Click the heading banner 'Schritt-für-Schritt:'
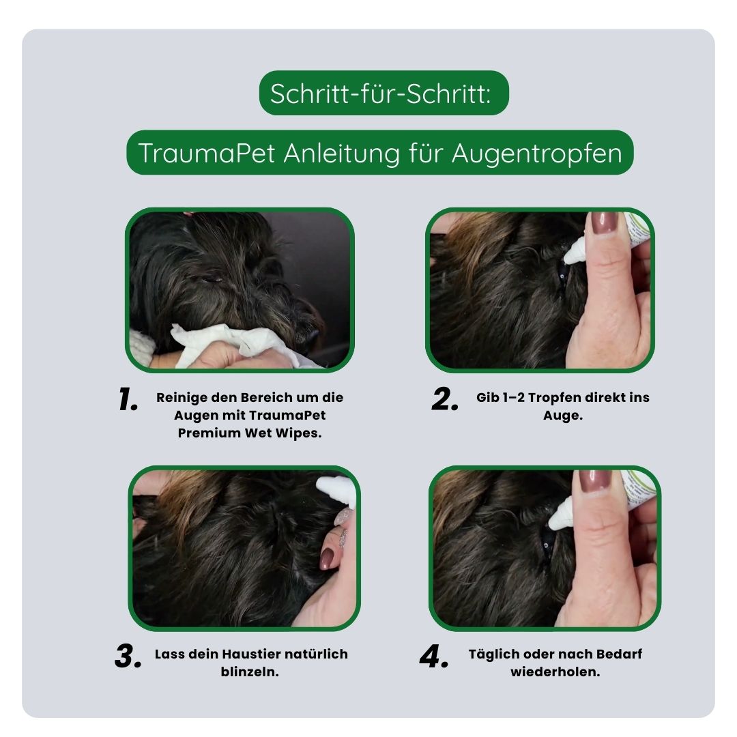[x=384, y=93]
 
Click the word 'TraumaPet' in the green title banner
[x=206, y=154]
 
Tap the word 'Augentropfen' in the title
[x=536, y=154]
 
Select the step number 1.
[x=128, y=400]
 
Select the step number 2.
[x=445, y=400]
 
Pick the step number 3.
[x=128, y=656]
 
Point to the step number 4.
[x=434, y=656]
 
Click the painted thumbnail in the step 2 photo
[x=604, y=223]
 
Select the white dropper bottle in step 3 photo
[x=336, y=490]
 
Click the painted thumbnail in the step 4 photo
[x=596, y=482]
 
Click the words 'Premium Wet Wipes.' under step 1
[x=249, y=433]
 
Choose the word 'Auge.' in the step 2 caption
[x=562, y=415]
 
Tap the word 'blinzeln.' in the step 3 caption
[x=250, y=671]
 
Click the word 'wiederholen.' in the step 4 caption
[x=555, y=671]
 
